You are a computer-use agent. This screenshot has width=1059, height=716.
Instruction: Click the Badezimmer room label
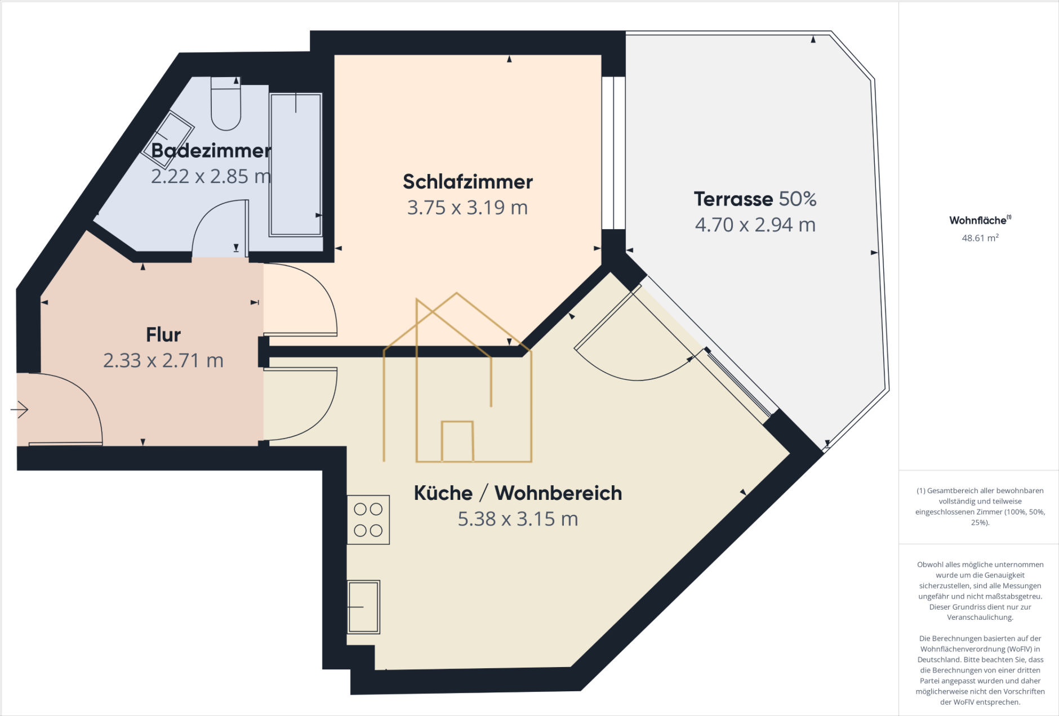coord(211,151)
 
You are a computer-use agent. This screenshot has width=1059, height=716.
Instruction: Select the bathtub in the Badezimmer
coord(296,164)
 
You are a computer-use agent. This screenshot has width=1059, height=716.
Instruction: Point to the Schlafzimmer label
coord(468,182)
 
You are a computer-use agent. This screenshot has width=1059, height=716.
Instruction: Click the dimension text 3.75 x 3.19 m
coord(468,208)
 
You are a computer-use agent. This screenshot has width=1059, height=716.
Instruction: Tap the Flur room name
coord(163,335)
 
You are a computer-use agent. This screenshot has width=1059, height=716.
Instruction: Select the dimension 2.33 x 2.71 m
coord(163,361)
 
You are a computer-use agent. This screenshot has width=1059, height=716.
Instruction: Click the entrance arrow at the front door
coord(20,409)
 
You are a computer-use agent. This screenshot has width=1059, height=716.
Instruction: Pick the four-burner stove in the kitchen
coord(368,520)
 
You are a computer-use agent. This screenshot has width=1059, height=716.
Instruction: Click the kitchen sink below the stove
coord(363,607)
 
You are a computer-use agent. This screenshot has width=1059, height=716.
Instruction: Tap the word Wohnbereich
coord(558,493)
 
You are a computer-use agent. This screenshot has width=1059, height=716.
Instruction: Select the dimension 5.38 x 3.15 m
coord(518,519)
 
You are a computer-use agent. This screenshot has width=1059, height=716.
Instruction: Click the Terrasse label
coord(733,199)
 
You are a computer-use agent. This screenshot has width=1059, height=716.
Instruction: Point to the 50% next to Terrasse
coord(798,199)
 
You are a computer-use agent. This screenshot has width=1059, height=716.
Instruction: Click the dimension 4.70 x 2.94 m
coord(755,225)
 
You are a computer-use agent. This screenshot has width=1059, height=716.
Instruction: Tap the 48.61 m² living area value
coord(980,238)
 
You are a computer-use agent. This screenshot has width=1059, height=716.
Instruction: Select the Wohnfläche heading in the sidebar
coord(978,221)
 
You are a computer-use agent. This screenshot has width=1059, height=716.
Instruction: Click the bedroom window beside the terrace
coord(613,153)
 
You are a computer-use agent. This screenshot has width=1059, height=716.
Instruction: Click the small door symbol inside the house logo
coord(457,441)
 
